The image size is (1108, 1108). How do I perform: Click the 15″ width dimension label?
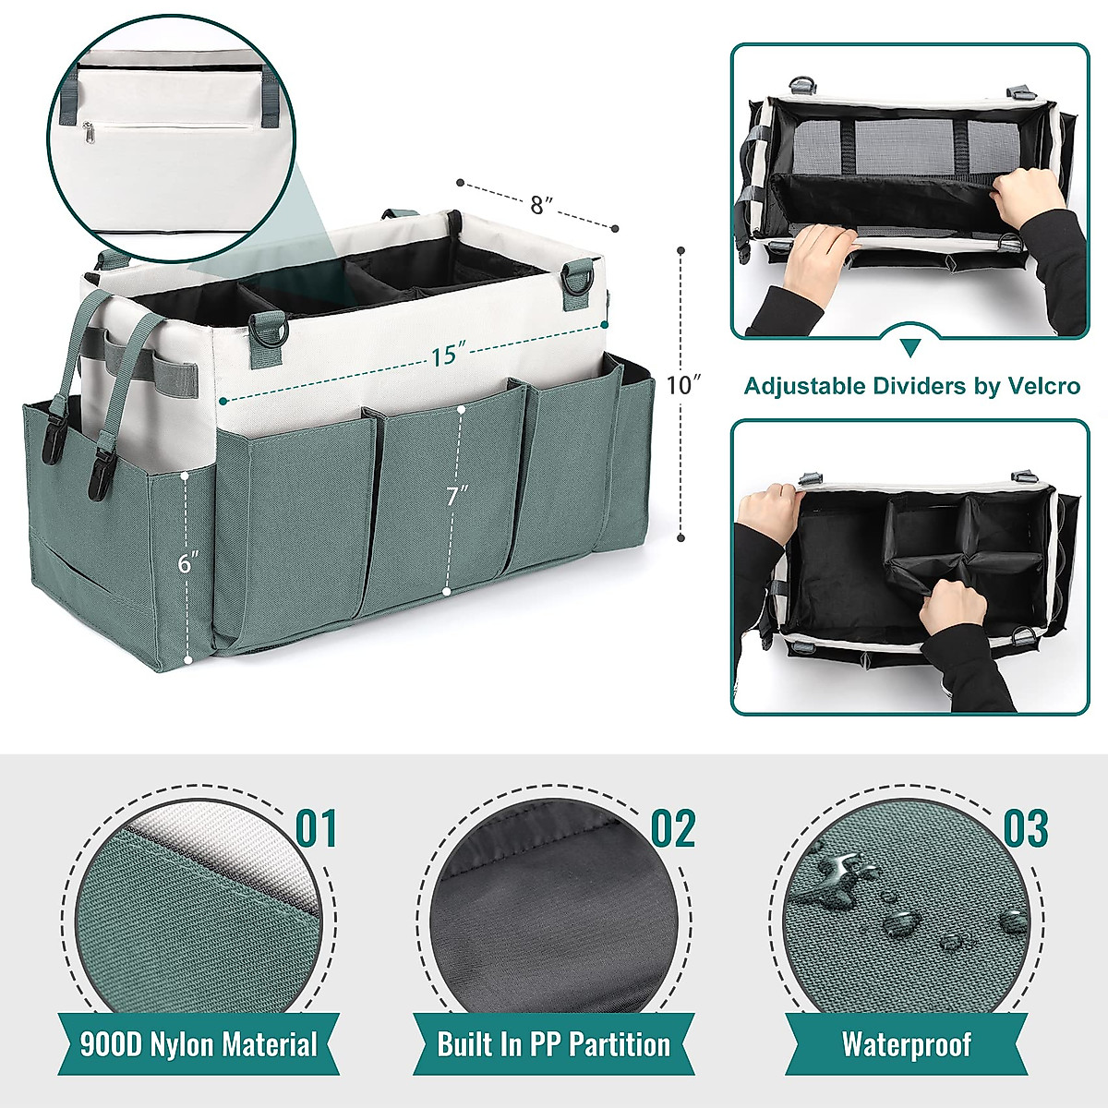445,354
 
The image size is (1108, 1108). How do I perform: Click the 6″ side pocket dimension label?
188,562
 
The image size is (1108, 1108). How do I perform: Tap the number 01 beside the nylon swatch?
316,828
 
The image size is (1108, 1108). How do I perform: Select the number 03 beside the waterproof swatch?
1025,828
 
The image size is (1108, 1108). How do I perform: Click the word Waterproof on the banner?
906,1044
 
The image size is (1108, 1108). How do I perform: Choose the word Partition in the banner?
620,1044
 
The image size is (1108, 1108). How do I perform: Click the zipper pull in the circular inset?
90,133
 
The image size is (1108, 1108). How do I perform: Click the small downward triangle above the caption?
910,347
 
